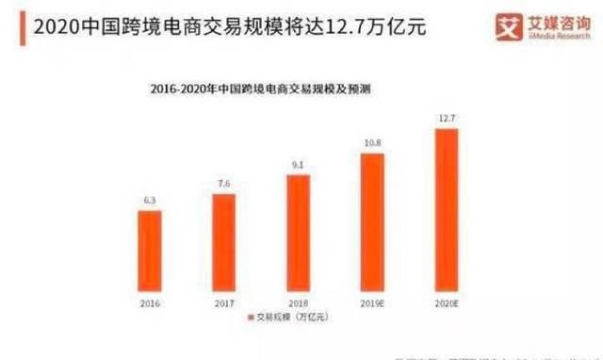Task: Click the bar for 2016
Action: [150, 251]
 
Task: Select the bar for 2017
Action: [223, 242]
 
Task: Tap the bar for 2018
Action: [298, 233]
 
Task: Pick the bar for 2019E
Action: [371, 222]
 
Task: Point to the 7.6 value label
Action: [223, 185]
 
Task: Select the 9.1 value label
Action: [298, 166]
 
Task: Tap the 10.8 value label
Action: [371, 144]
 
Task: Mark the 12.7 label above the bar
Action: [446, 120]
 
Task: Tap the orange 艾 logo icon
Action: [509, 27]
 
